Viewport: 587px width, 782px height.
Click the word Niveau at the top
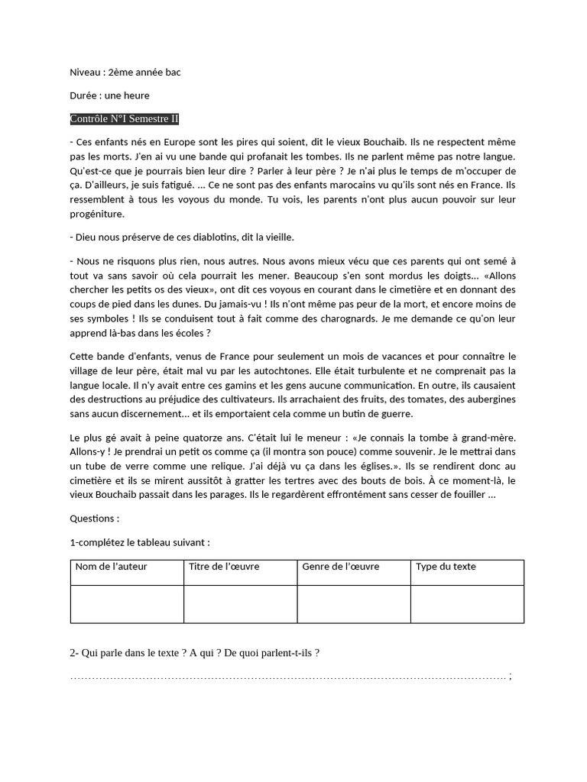click(84, 73)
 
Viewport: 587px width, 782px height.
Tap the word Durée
click(84, 95)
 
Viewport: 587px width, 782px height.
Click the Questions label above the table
click(94, 518)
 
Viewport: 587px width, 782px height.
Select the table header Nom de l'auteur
click(111, 567)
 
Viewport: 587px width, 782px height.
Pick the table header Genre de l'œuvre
click(340, 567)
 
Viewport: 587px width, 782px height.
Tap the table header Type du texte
click(446, 567)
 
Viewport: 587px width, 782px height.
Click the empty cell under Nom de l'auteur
click(127, 604)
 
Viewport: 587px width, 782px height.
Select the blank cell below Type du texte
click(467, 604)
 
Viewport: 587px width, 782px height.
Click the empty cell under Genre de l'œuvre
click(354, 604)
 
